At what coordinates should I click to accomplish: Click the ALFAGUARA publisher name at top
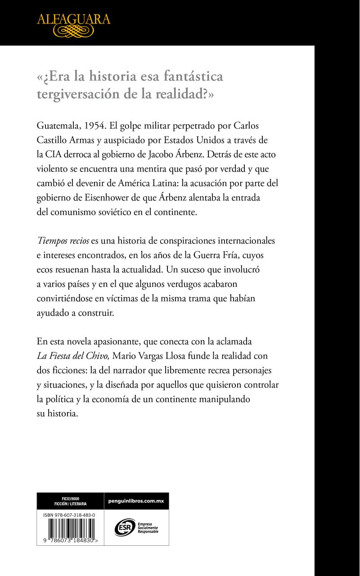pyautogui.click(x=73, y=19)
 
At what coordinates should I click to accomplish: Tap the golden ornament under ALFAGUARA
pyautogui.click(x=73, y=31)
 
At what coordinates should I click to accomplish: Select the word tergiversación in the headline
pyautogui.click(x=79, y=94)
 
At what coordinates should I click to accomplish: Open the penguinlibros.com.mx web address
pyautogui.click(x=136, y=501)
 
